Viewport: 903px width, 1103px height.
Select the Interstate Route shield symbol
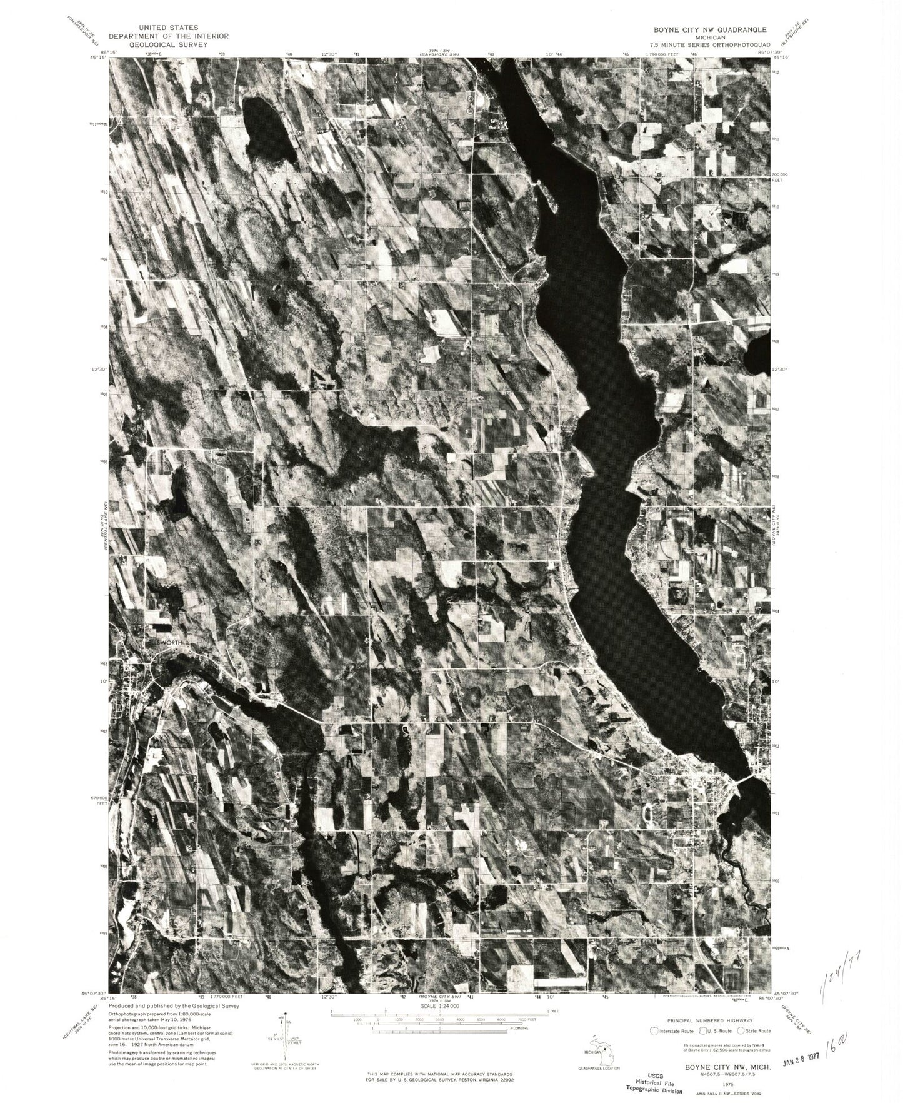pyautogui.click(x=656, y=1030)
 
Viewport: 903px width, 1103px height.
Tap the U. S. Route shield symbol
pyautogui.click(x=703, y=1030)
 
